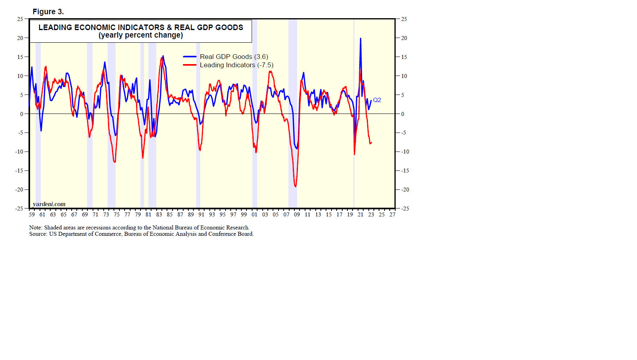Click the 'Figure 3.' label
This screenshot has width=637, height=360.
point(48,12)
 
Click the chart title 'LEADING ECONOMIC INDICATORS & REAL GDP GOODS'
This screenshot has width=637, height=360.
point(140,27)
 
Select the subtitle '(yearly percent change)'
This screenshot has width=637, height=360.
point(140,35)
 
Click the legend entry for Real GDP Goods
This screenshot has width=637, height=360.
point(233,57)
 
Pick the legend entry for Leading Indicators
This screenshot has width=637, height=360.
point(236,65)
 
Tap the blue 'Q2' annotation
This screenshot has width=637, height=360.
point(377,100)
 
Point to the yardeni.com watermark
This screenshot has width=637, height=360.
point(49,204)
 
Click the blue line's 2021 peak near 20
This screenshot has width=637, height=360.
point(360,38)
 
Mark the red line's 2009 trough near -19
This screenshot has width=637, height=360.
point(296,186)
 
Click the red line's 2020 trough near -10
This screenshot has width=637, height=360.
point(355,154)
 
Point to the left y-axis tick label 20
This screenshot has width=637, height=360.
point(20,38)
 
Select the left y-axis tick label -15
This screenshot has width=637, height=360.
point(19,171)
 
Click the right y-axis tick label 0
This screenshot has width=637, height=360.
point(403,114)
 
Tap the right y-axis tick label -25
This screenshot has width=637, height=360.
point(405,208)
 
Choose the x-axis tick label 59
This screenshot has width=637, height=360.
point(32,214)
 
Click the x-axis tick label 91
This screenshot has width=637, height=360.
point(201,214)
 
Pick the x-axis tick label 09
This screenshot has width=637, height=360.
point(297,214)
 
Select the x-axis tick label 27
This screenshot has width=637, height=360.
point(392,214)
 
